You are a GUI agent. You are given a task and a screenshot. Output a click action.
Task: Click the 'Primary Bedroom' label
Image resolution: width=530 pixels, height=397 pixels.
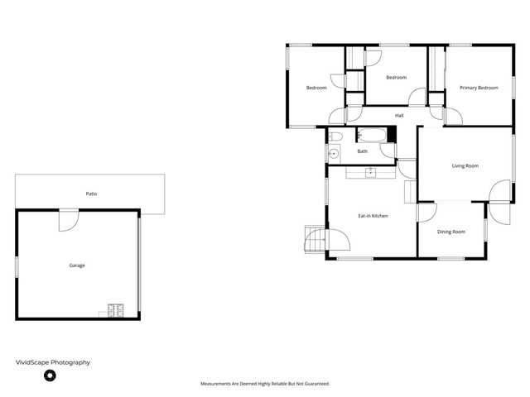pyautogui.click(x=479, y=88)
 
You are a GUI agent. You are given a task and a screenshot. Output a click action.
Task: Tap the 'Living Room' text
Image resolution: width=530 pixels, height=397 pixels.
pyautogui.click(x=465, y=166)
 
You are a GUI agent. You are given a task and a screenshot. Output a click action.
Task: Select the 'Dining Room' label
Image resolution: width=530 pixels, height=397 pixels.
pyautogui.click(x=451, y=232)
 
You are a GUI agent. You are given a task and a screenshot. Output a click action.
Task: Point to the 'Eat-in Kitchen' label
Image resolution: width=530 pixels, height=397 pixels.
pyautogui.click(x=373, y=216)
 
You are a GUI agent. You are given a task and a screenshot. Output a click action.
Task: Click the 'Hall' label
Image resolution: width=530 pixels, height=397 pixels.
pyautogui.click(x=399, y=116)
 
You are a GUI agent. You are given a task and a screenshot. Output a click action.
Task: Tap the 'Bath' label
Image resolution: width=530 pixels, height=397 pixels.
pyautogui.click(x=363, y=151)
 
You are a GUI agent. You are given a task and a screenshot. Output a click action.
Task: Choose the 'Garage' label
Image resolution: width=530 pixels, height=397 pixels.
pyautogui.click(x=77, y=265)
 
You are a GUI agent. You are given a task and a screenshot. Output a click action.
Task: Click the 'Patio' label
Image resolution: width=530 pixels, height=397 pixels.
pyautogui.click(x=91, y=194)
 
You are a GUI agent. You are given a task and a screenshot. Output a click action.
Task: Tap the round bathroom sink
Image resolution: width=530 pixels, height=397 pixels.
pyautogui.click(x=333, y=154)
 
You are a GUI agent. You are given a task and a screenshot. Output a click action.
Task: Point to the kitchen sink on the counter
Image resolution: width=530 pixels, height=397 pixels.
pyautogui.click(x=370, y=172)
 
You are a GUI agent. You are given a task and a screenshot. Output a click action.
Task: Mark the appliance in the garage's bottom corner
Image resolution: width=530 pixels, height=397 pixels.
pyautogui.click(x=114, y=312)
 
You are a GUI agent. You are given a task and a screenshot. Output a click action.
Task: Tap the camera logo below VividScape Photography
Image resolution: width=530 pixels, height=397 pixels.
pyautogui.click(x=50, y=375)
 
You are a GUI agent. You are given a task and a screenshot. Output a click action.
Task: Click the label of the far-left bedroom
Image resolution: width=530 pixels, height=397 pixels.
pyautogui.click(x=316, y=88)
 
